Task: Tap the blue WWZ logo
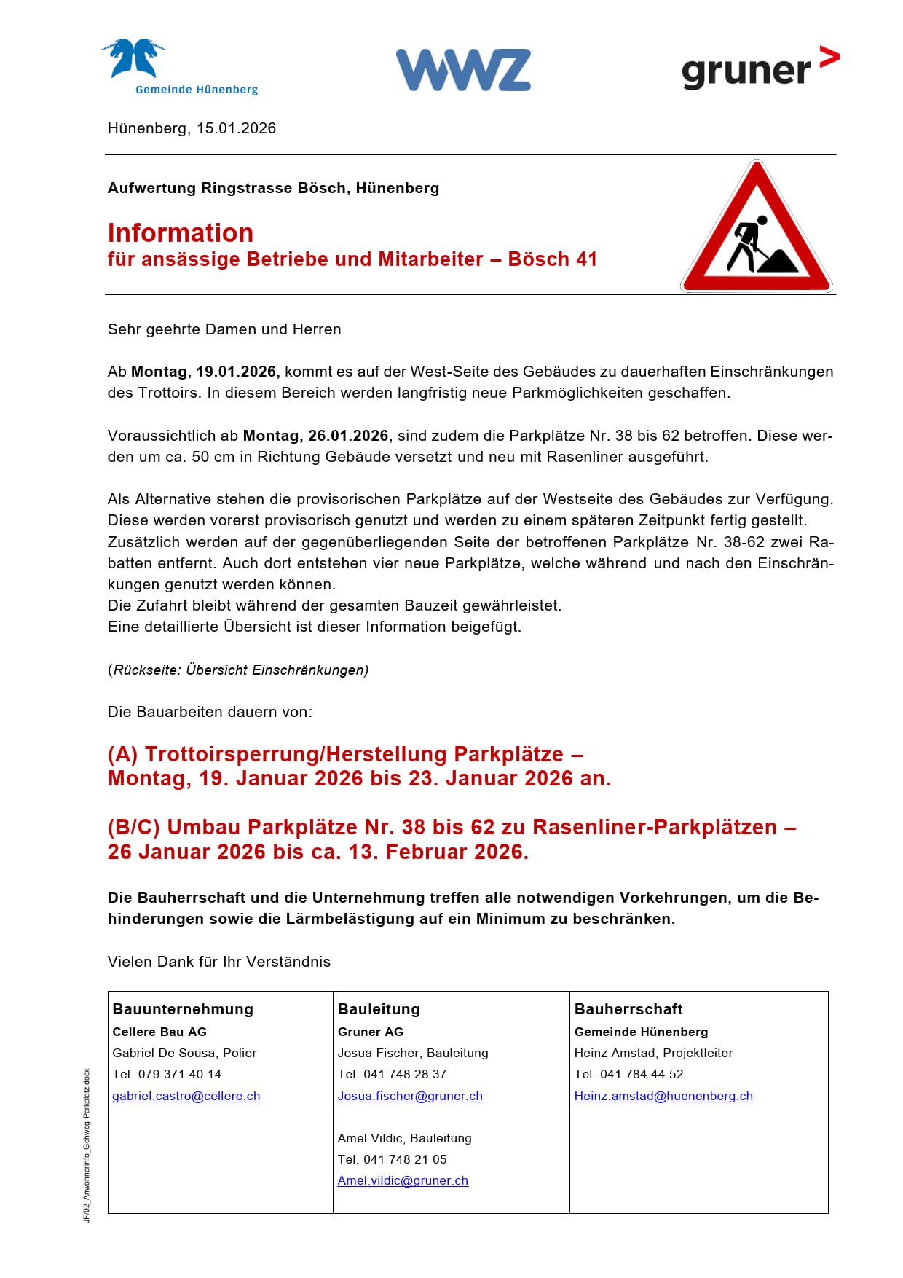tap(463, 70)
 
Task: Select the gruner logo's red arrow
tap(829, 57)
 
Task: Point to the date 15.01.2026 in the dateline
tap(236, 128)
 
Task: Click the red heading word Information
tap(181, 233)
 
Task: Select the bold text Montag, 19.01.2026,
tap(205, 372)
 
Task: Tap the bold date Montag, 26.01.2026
tap(315, 436)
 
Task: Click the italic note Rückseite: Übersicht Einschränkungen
tap(240, 670)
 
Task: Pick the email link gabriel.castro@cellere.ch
tap(186, 1096)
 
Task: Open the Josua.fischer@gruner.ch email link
tap(410, 1096)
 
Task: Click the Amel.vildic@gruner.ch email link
tap(403, 1180)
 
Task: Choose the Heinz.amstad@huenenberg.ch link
tap(663, 1096)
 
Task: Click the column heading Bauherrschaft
tap(628, 1009)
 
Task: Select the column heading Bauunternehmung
tap(183, 1009)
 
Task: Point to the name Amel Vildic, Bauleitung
tap(404, 1138)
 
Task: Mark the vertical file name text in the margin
tap(87, 1145)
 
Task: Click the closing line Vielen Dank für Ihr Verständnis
tap(219, 962)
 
